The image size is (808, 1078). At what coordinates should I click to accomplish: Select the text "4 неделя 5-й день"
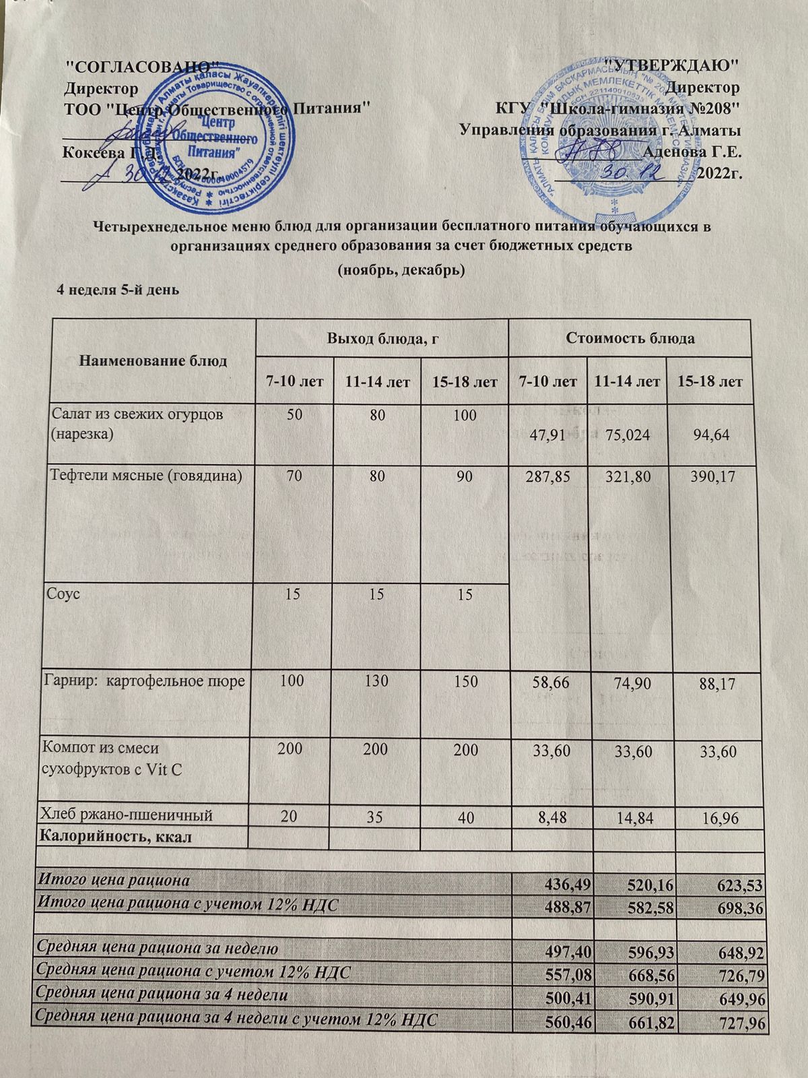pyautogui.click(x=120, y=290)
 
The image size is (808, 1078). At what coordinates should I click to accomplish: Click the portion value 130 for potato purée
pyautogui.click(x=376, y=681)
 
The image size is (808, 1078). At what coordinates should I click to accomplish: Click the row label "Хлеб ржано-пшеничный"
pyautogui.click(x=128, y=816)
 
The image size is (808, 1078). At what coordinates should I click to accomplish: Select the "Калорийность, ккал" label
pyautogui.click(x=116, y=837)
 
